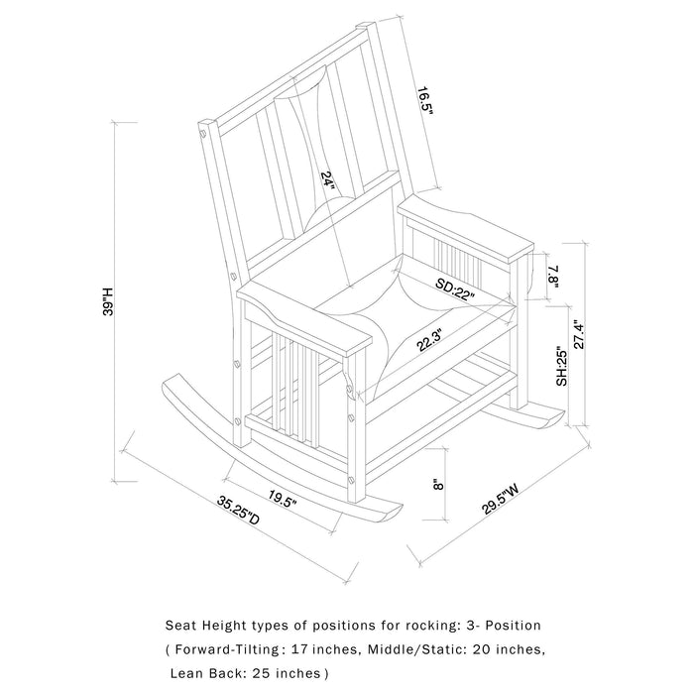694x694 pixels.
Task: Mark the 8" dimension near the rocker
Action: (x=437, y=487)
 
